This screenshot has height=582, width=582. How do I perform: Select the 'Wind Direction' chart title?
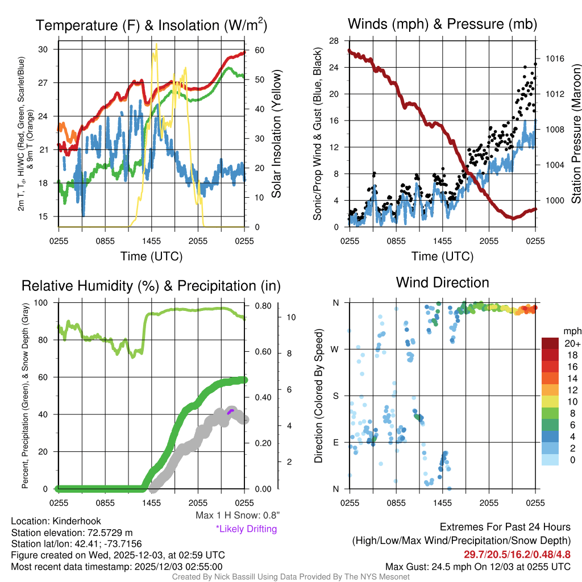pyautogui.click(x=442, y=282)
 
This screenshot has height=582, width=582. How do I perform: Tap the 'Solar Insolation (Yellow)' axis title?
pyautogui.click(x=277, y=134)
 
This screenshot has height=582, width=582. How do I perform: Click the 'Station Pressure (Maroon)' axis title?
pyautogui.click(x=575, y=134)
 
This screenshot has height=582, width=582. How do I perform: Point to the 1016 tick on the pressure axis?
pyautogui.click(x=555, y=59)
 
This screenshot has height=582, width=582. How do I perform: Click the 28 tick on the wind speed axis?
pyautogui.click(x=334, y=41)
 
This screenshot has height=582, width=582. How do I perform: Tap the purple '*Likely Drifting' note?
pyautogui.click(x=246, y=529)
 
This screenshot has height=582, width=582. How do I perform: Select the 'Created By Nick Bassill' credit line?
pyautogui.click(x=291, y=577)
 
